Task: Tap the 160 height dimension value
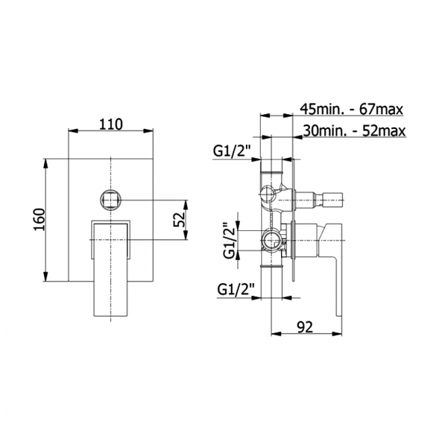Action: (38, 219)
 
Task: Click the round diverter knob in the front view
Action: (110, 200)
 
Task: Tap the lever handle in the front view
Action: (110, 270)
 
